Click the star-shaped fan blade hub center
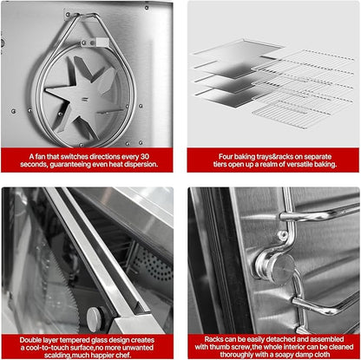point(83,98)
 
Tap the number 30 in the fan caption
point(144,156)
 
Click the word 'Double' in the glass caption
point(30,340)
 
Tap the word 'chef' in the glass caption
point(124,355)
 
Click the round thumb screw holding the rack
point(279,266)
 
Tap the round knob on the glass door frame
point(95,319)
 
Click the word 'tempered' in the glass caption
point(75,340)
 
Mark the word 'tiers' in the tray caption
point(220,164)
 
